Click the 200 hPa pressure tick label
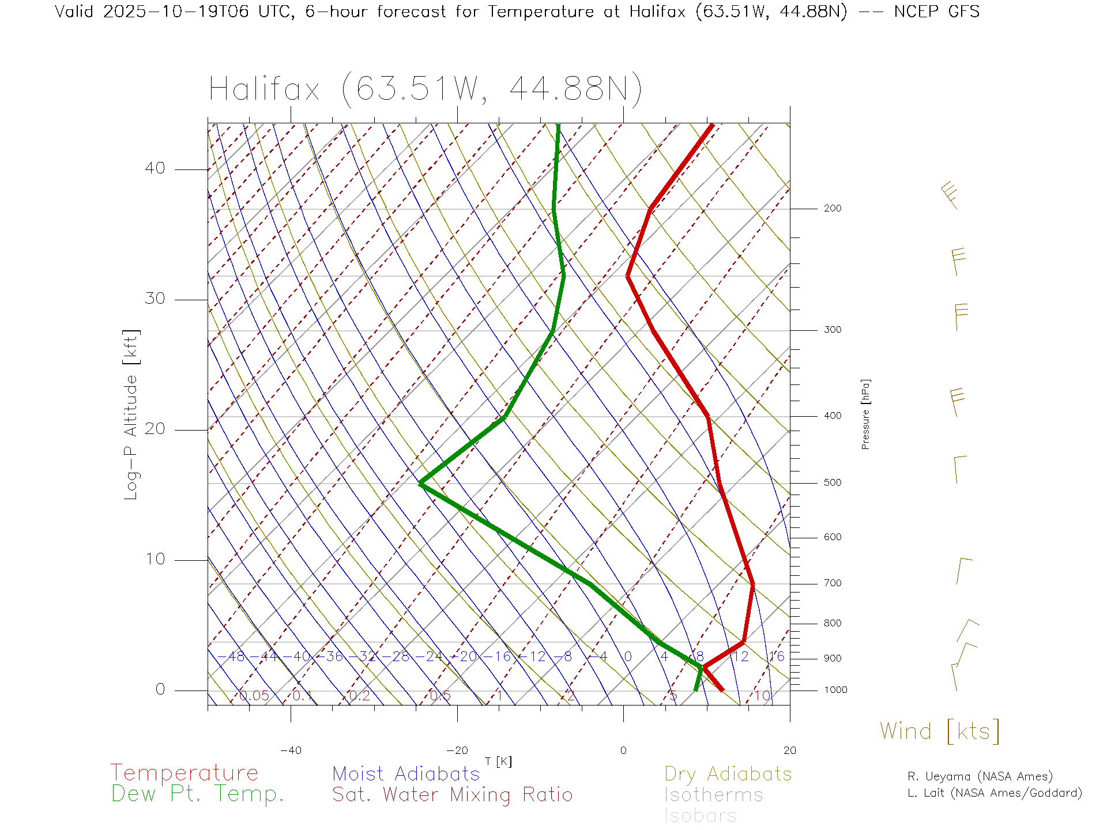click(833, 208)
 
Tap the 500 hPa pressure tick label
click(833, 482)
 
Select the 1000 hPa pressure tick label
click(835, 690)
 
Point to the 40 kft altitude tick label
click(155, 168)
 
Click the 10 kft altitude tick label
click(155, 559)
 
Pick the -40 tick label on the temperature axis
click(291, 750)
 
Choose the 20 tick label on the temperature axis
click(789, 750)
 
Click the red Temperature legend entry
click(184, 773)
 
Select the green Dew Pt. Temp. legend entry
click(198, 794)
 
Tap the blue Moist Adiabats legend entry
click(406, 774)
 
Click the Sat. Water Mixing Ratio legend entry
click(453, 795)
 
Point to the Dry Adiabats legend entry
click(728, 774)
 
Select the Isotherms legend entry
click(714, 795)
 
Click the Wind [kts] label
click(940, 731)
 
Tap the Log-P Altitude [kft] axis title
click(131, 415)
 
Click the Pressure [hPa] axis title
click(865, 414)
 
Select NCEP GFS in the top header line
click(936, 12)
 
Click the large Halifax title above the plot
click(425, 90)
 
